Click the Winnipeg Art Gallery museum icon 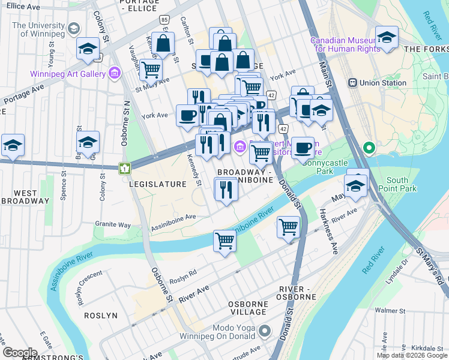[x=114, y=74]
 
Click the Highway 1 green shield [x=124, y=169]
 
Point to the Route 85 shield [x=164, y=20]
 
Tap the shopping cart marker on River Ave [x=224, y=241]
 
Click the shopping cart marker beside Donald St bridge [x=288, y=227]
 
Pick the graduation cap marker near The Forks [x=387, y=37]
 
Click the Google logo [x=20, y=352]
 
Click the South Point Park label [x=402, y=184]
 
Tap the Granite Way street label [x=112, y=224]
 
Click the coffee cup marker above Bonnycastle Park [x=303, y=148]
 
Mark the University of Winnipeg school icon [x=74, y=29]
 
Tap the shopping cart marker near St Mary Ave [x=151, y=70]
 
